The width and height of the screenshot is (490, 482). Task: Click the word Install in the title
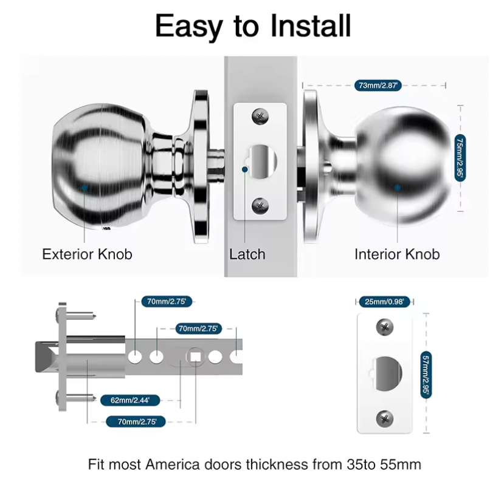[x=303, y=25]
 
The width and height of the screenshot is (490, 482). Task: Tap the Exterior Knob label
[x=87, y=254]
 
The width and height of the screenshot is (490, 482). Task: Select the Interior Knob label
[x=397, y=254]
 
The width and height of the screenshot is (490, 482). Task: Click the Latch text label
[x=247, y=254]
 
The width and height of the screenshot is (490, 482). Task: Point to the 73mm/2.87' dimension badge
[x=377, y=86]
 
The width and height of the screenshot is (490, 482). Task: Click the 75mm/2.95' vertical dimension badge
[x=460, y=157]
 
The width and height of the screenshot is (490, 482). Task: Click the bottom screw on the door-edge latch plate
[x=260, y=205]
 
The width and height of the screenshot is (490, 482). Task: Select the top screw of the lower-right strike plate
[x=385, y=327]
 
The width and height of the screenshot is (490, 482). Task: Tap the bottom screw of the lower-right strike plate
[x=385, y=418]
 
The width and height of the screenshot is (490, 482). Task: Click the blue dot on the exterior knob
[x=84, y=188]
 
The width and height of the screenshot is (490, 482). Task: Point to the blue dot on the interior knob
[x=397, y=188]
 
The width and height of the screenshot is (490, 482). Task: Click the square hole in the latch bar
[x=196, y=356]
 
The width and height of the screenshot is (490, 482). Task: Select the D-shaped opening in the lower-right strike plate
[x=386, y=373]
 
